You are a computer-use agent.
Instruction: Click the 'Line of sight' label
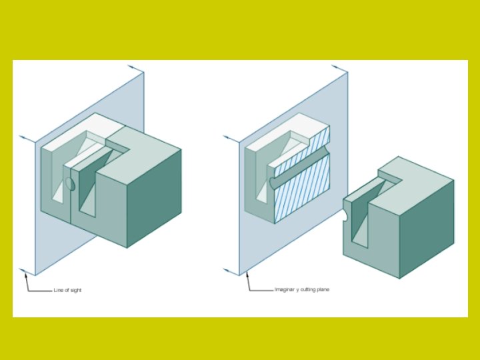[67, 290]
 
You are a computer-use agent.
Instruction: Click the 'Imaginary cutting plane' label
[302, 290]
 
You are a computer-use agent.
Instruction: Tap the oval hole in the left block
[69, 185]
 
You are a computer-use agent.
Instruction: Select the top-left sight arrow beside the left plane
[27, 138]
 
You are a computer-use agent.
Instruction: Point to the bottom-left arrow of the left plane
[27, 271]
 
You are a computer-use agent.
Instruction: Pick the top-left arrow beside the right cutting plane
[231, 138]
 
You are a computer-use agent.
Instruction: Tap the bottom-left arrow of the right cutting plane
[231, 271]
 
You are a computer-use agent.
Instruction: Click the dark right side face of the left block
[155, 197]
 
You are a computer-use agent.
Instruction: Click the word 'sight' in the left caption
[76, 290]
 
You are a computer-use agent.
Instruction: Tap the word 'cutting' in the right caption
[307, 290]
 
